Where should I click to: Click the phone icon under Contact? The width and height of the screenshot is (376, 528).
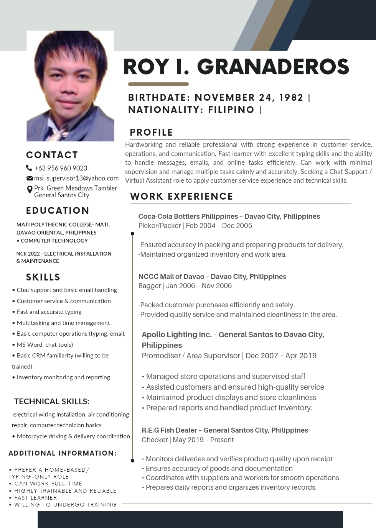29,168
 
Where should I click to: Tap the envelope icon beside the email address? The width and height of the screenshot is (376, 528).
30,178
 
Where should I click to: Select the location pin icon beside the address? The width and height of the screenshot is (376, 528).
30,190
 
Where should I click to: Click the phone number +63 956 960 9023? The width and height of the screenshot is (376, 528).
61,168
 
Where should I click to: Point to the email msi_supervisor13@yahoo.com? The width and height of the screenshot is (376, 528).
76,178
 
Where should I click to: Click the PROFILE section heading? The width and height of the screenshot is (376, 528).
151,133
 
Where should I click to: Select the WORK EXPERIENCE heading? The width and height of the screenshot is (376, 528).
181,197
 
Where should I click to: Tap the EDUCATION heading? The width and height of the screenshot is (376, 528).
58,211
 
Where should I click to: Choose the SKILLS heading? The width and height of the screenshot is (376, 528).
43,277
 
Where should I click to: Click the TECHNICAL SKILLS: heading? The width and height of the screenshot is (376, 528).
51,402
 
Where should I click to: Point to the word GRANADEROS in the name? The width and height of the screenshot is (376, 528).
273,67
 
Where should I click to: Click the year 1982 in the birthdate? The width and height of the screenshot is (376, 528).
291,98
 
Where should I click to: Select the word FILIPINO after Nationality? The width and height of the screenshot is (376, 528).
231,110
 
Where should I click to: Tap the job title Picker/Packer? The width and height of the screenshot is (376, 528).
159,226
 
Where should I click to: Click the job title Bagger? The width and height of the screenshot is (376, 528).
150,286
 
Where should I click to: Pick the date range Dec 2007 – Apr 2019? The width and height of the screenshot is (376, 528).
281,356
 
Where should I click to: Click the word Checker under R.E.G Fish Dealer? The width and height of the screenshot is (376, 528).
155,440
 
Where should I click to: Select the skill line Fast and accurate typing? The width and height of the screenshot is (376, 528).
49,312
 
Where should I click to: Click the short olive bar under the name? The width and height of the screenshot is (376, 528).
158,84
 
